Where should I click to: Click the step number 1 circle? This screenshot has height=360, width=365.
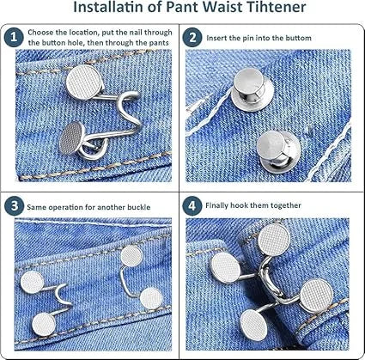coord(12,37)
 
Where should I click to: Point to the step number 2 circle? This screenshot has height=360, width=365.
coord(193,37)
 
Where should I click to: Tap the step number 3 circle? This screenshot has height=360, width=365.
coord(12,206)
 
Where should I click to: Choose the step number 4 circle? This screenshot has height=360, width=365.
coord(193,206)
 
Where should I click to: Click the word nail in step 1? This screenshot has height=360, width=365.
coord(141,31)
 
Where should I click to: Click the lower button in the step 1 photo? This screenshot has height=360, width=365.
coord(73,137)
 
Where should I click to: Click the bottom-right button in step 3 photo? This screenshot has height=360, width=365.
coord(151,297)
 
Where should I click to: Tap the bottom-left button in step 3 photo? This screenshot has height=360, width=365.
coord(33,278)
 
